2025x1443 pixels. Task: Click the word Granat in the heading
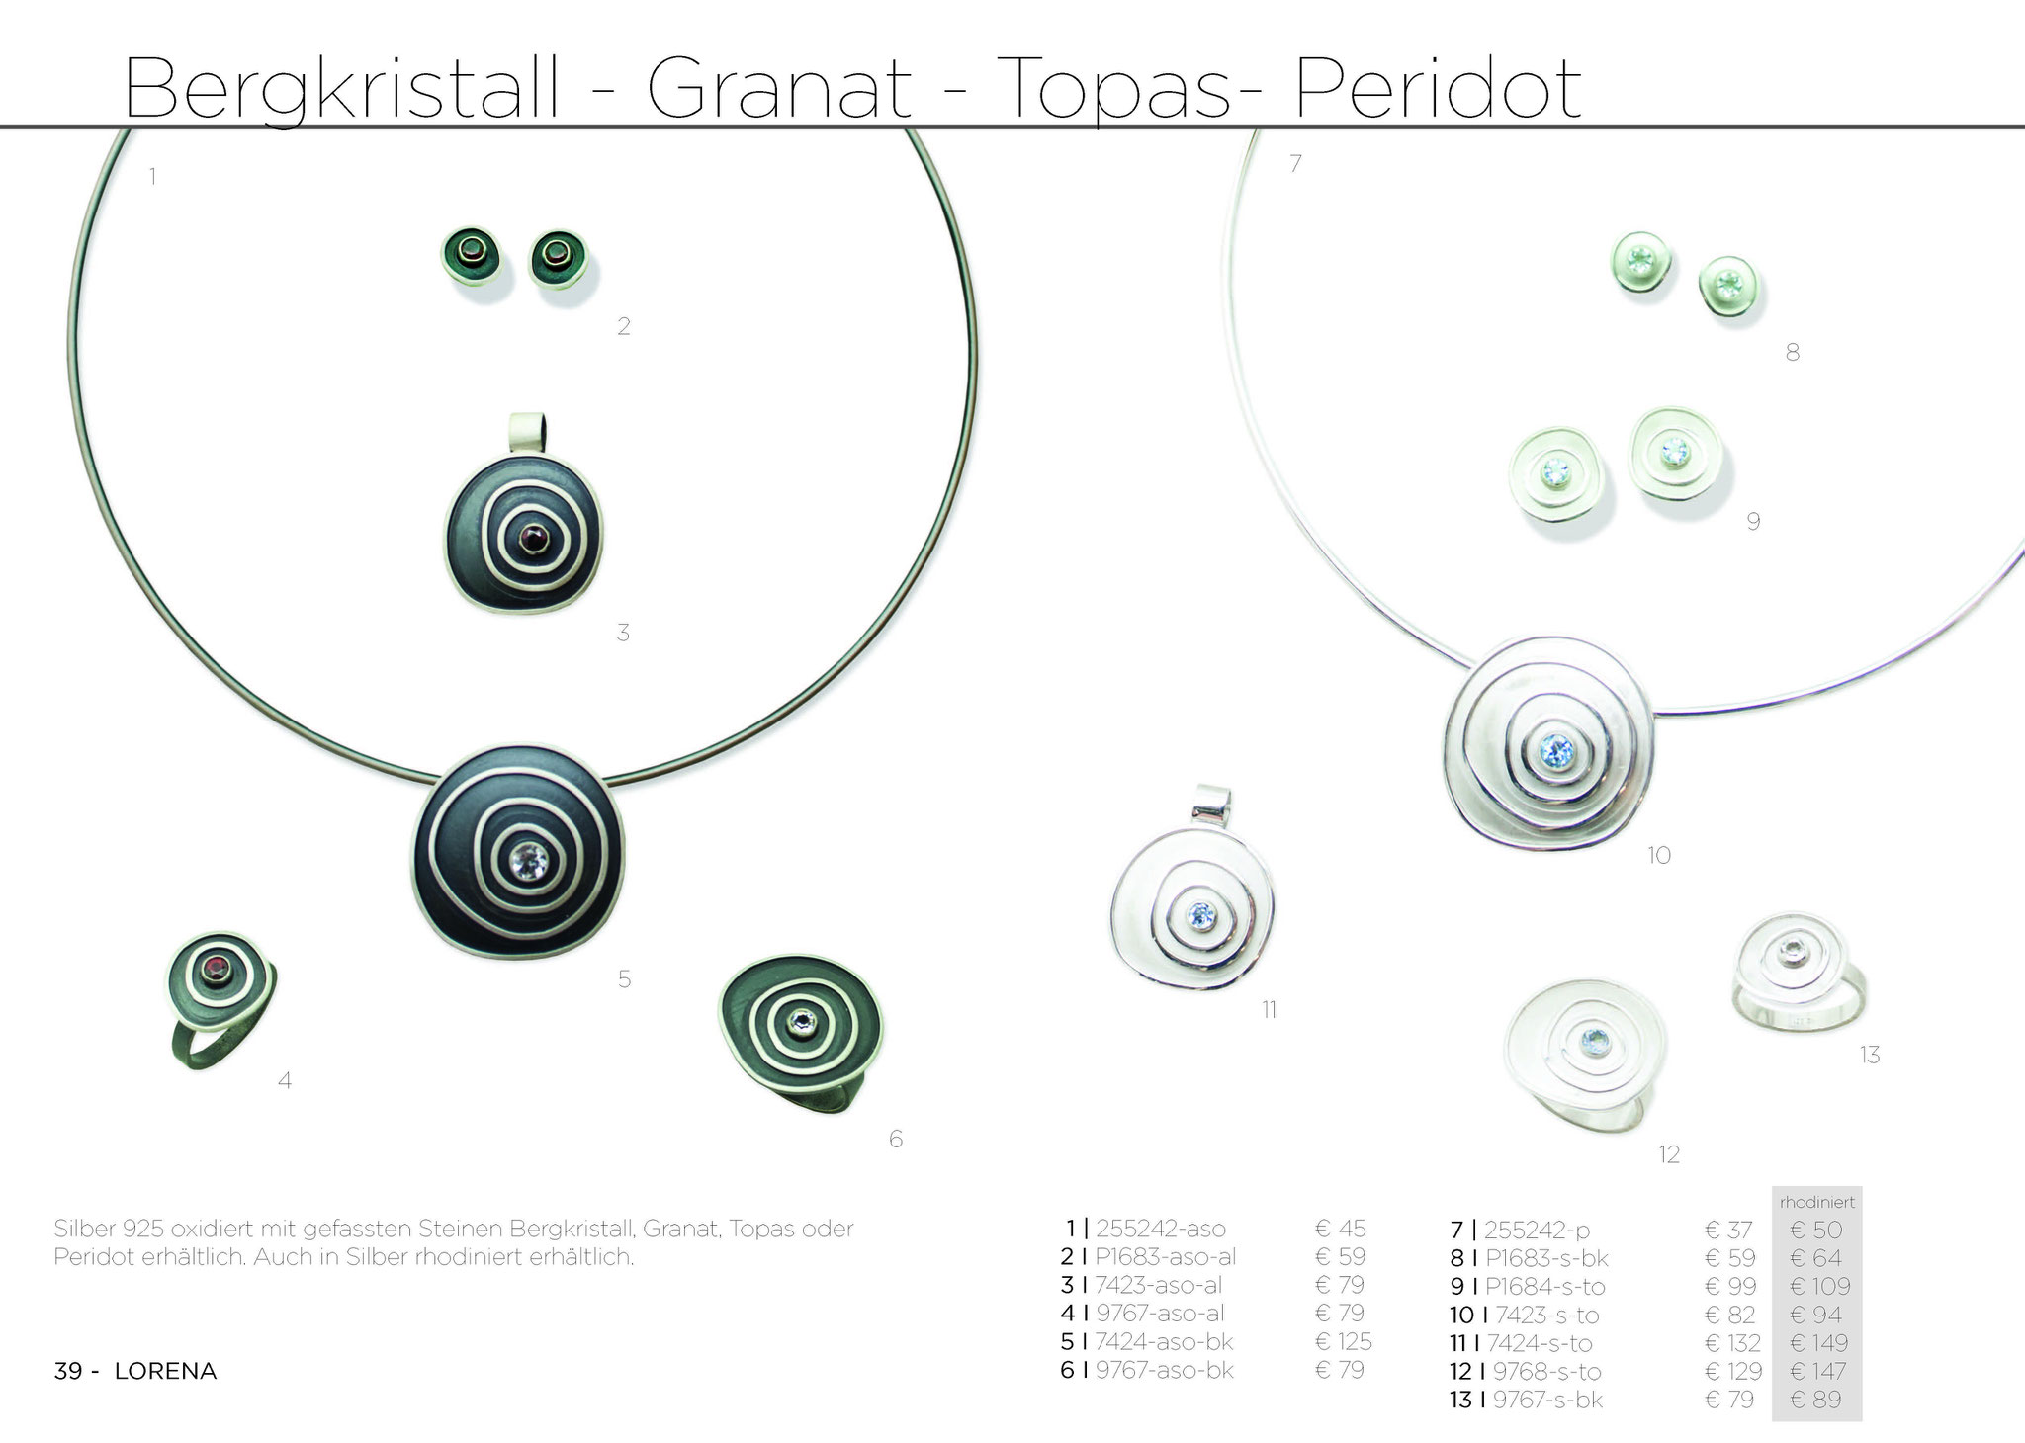779,88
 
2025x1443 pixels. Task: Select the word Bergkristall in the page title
341,90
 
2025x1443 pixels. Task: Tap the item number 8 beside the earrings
1792,352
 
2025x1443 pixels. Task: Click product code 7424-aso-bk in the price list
1164,1341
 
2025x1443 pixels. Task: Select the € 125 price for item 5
1343,1341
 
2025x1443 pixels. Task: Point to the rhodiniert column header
1817,1203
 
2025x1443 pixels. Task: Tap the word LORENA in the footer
165,1372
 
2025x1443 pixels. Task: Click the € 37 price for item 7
1728,1230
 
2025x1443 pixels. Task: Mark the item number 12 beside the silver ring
1669,1154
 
